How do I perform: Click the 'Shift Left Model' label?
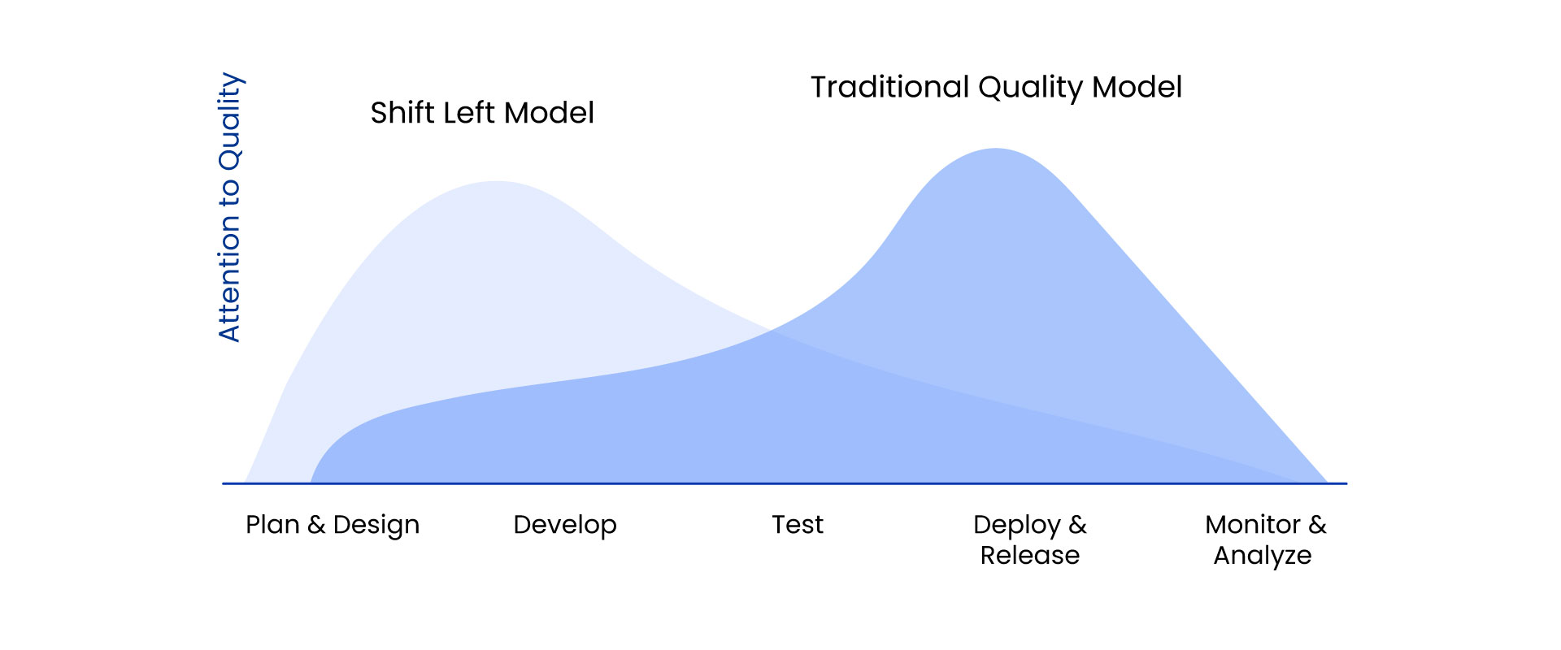point(482,113)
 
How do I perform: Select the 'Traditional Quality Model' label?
point(996,88)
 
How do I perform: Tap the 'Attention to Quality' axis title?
point(230,207)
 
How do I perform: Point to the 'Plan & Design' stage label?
point(333,525)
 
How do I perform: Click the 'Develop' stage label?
point(565,526)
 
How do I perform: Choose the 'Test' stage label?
point(798,525)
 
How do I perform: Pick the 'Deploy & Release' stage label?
point(1030,540)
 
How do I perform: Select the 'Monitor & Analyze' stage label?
point(1264,540)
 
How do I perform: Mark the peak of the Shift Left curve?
point(496,181)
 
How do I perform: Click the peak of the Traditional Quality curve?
point(996,149)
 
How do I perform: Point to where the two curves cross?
point(771,331)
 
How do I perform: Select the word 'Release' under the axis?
point(1030,556)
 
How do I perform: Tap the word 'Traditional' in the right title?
point(890,88)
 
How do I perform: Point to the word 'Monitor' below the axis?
point(1253,525)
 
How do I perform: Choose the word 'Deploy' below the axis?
point(1016,526)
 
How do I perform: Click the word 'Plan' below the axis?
point(272,525)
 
